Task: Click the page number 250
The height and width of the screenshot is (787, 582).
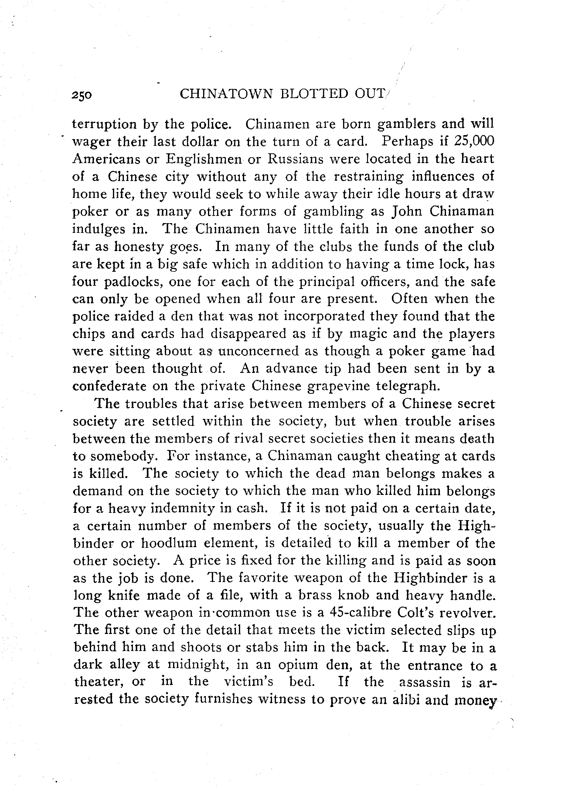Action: [x=81, y=95]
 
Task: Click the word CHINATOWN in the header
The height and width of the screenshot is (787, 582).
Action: [x=226, y=94]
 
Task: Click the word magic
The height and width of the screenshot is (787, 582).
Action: [x=367, y=334]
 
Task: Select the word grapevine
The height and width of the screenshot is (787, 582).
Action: [x=338, y=386]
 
